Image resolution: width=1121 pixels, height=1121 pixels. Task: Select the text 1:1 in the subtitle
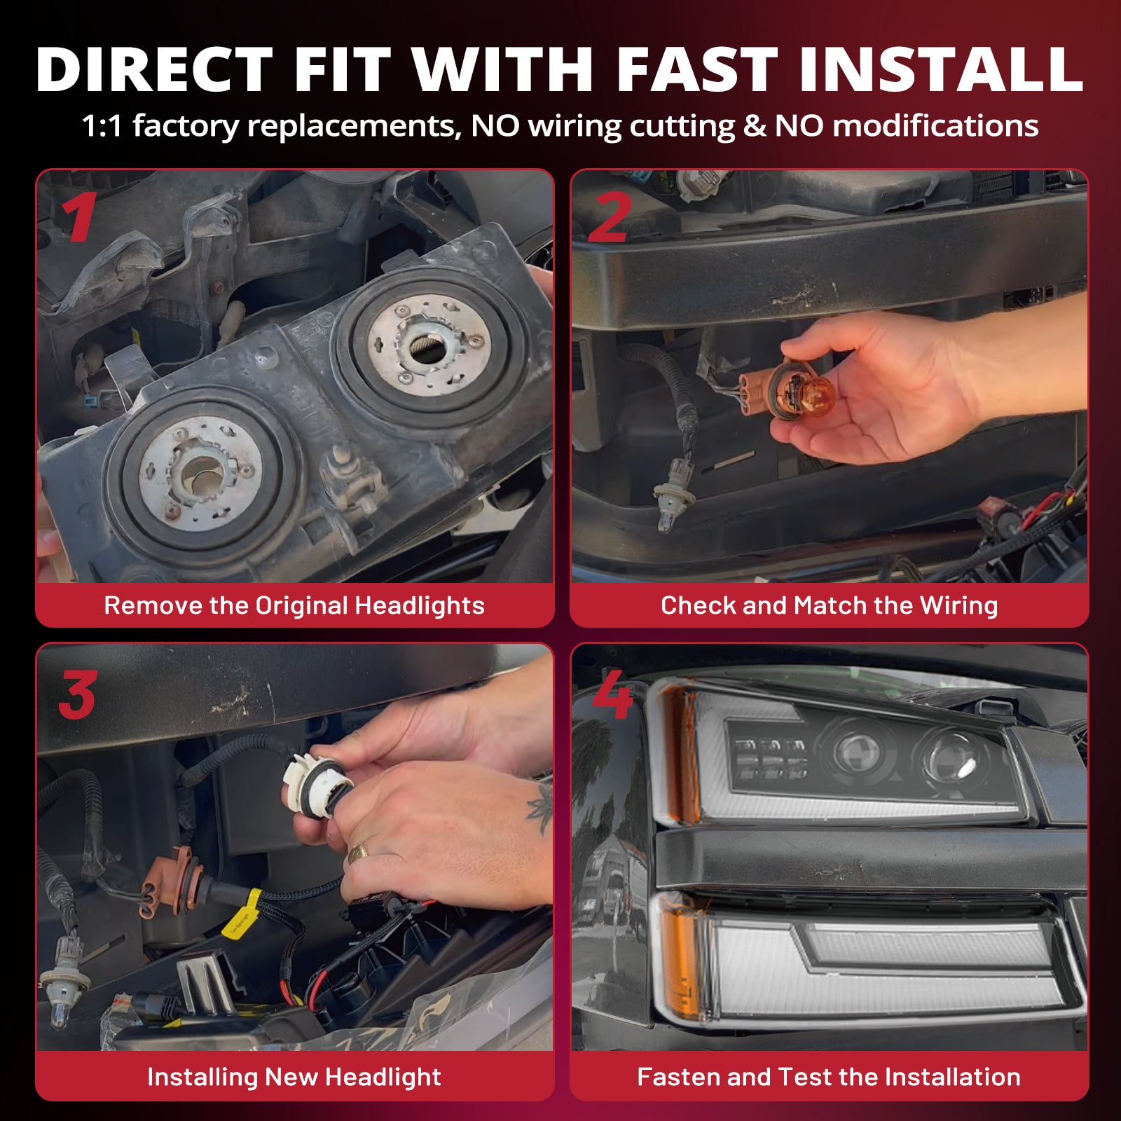pyautogui.click(x=102, y=127)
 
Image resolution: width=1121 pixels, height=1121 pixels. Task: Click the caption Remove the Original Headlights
pyautogui.click(x=294, y=605)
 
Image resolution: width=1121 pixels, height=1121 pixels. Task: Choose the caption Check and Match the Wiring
pyautogui.click(x=830, y=605)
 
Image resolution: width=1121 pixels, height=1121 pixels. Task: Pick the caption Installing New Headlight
pyautogui.click(x=294, y=1077)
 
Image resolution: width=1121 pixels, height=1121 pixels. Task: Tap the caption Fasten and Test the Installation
pyautogui.click(x=830, y=1077)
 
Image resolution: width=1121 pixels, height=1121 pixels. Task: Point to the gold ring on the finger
pyautogui.click(x=358, y=853)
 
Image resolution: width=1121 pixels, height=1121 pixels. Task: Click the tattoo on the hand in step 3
pyautogui.click(x=540, y=808)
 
